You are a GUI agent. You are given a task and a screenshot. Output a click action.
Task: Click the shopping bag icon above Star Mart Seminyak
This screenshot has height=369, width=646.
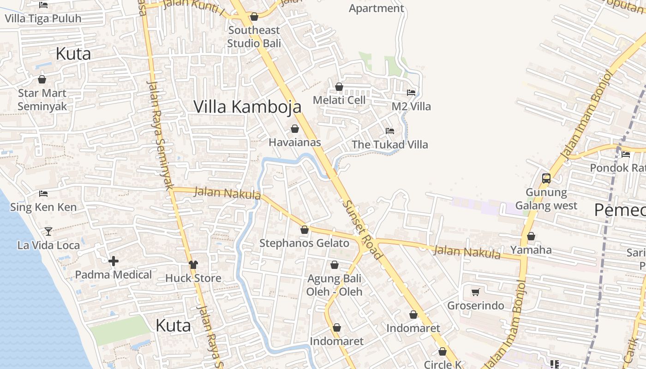tap(42, 79)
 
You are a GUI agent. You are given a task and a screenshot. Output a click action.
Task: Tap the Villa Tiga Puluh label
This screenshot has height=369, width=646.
tap(43, 18)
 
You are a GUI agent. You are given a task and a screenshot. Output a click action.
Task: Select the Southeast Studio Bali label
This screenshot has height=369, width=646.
tap(254, 37)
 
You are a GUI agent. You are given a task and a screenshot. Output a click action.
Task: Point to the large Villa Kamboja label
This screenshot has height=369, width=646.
tap(247, 107)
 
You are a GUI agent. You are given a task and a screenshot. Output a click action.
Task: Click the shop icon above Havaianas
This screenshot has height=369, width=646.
tap(295, 129)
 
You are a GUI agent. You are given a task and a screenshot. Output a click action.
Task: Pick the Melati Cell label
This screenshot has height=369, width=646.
tap(339, 100)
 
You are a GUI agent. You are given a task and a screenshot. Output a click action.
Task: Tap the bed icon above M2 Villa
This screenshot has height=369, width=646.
tap(411, 93)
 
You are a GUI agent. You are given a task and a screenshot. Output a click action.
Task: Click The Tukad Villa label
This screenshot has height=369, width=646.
tap(390, 144)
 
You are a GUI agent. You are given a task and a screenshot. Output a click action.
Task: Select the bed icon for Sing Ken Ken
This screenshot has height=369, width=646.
tap(43, 194)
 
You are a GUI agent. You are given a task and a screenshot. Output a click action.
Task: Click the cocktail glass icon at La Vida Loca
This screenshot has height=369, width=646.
tap(48, 231)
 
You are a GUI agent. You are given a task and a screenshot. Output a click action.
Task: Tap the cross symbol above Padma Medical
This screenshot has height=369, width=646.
tap(114, 261)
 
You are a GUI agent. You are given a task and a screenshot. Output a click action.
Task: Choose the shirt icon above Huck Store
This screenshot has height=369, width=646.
tap(193, 264)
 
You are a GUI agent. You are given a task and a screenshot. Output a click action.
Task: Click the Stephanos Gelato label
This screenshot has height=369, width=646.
tap(304, 243)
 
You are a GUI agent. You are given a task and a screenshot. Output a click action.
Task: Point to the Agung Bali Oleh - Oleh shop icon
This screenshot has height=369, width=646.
tap(335, 265)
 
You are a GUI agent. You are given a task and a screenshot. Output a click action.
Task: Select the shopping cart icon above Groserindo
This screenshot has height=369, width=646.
tap(475, 292)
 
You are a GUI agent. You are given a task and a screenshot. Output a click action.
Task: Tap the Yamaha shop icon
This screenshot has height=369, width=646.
tap(531, 236)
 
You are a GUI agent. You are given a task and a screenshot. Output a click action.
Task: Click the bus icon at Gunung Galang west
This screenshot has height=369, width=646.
tap(546, 178)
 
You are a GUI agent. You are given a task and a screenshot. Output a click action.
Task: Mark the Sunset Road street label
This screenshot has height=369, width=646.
tap(362, 229)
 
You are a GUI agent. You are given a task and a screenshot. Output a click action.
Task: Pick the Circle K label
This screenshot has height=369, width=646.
tap(443, 364)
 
